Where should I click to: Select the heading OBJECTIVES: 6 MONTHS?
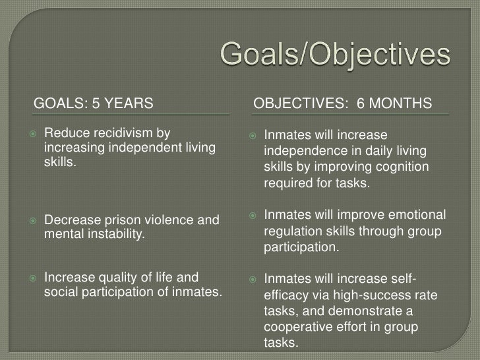343,104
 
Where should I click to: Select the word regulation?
294,232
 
